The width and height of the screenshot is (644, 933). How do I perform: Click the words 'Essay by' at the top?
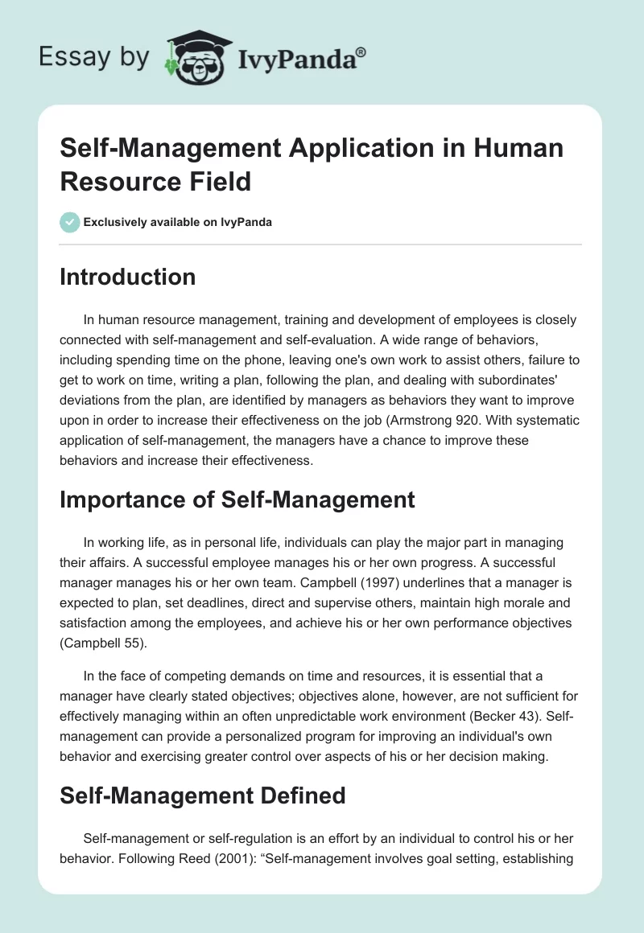tap(95, 58)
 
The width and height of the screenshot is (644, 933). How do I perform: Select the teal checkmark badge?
tap(70, 222)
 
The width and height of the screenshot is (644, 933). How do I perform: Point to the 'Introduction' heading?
tap(128, 277)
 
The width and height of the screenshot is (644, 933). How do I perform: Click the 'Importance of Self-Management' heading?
tap(237, 499)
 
